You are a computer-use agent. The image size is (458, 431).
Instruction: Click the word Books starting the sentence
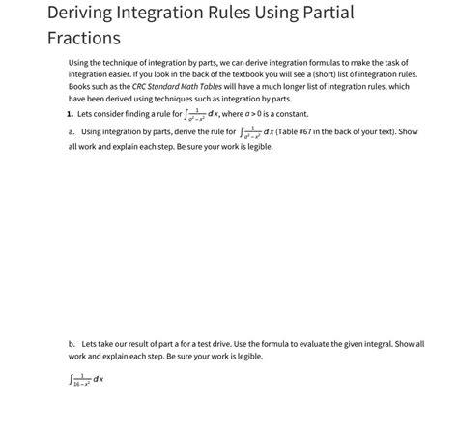[80, 85]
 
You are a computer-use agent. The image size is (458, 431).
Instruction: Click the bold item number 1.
[71, 114]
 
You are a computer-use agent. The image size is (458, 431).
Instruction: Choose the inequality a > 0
[246, 114]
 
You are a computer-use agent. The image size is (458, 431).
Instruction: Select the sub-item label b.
[72, 343]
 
